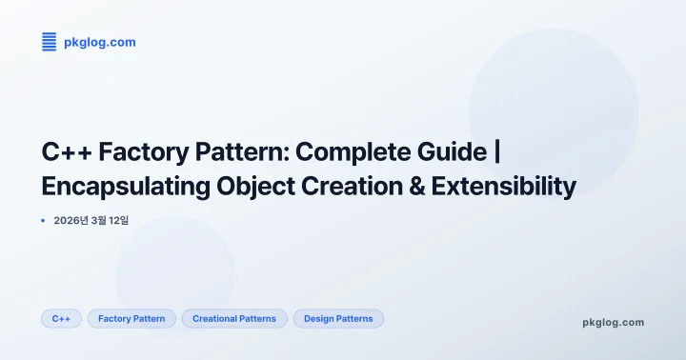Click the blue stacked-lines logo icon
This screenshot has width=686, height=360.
50,42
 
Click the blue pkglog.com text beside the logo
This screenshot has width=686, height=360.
99,42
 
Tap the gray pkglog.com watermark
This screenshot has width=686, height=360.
613,322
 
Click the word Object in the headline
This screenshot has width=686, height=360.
265,187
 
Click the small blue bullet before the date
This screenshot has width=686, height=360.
43,220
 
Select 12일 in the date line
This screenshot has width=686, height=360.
119,220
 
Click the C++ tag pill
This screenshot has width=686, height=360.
61,318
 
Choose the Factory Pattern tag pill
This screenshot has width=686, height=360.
131,318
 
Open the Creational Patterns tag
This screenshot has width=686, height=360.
234,318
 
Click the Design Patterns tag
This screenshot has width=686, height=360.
338,318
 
